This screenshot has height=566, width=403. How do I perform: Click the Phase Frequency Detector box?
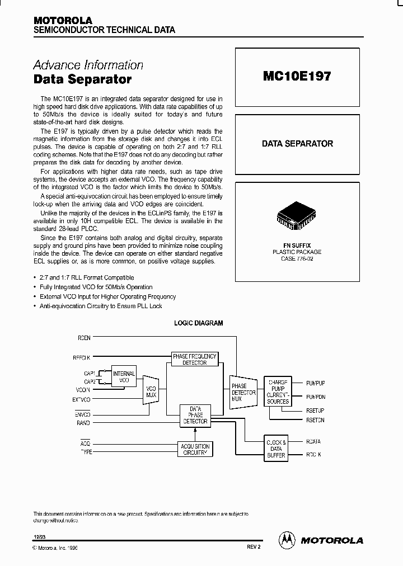tap(194, 359)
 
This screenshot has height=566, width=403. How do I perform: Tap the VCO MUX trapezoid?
tap(151, 391)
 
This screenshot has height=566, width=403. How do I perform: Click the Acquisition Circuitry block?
tap(195, 449)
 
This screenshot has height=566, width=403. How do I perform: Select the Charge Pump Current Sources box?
tap(277, 390)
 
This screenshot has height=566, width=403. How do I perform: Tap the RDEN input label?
tap(85, 338)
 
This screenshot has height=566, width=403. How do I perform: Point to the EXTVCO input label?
tap(82, 399)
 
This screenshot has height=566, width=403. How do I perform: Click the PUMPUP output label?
tap(315, 383)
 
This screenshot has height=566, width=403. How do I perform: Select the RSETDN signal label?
tap(315, 419)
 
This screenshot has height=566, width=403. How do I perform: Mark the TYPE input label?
tap(86, 451)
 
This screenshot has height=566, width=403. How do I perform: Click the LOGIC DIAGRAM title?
tap(199, 323)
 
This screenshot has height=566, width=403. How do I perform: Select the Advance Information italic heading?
tap(88, 65)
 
